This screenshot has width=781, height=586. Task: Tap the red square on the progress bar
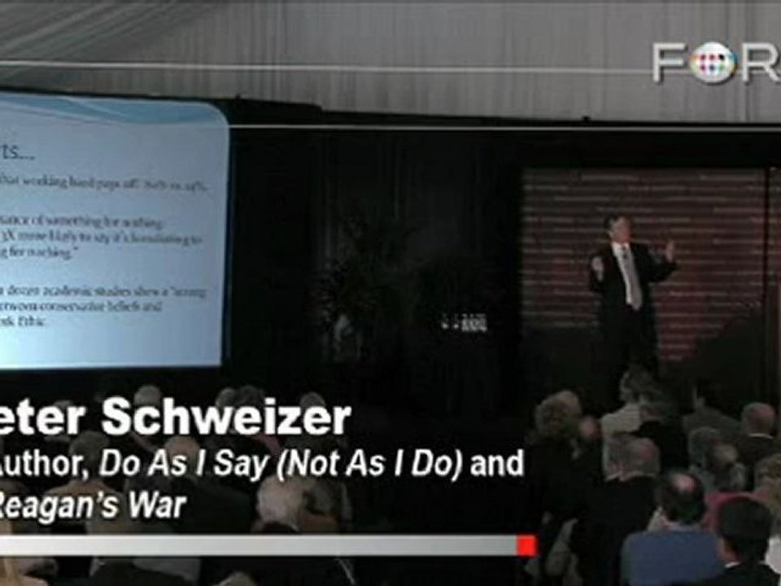[x=526, y=545]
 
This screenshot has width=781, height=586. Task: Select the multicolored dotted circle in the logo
[x=717, y=63]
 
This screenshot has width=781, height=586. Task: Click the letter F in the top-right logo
[x=674, y=63]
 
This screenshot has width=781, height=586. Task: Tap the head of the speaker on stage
[x=616, y=226]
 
